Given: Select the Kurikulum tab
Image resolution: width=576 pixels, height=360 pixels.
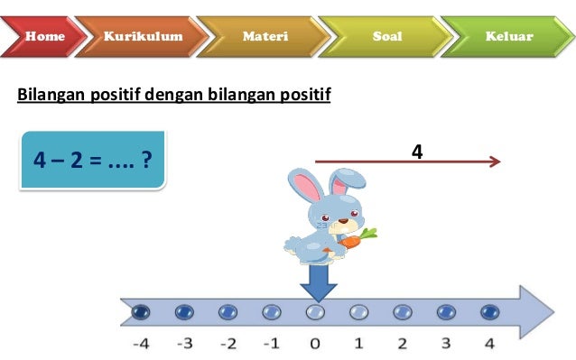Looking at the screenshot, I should coord(143,37).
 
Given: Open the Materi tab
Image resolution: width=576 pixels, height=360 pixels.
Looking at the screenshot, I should coord(265,37).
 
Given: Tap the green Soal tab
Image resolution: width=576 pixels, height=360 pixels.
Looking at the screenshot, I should coord(387,37).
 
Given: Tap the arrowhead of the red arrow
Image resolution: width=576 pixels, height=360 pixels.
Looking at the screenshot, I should coord(495,162).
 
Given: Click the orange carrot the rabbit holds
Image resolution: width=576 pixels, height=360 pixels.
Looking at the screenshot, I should coord(358,239).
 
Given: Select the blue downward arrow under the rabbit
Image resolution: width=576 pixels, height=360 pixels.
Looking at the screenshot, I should coord(317,282).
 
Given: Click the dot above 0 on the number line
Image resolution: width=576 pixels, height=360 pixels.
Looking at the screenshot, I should coord(314,311).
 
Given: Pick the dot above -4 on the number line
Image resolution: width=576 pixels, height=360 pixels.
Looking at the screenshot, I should coord(140,311).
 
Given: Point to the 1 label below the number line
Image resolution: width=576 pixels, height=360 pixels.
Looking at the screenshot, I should coord(358,344).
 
